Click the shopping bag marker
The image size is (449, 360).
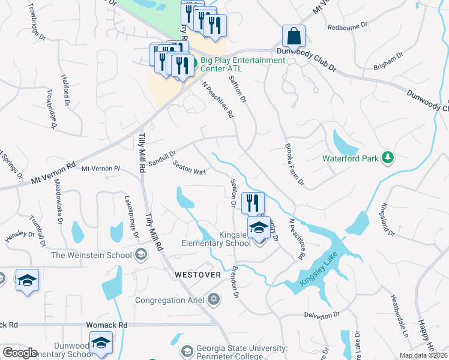pyautogui.click(x=294, y=37)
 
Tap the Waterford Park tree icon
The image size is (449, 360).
pyautogui.click(x=388, y=158)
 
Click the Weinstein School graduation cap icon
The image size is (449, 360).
pyautogui.click(x=140, y=255)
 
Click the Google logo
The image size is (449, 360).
pyautogui.click(x=19, y=353)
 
